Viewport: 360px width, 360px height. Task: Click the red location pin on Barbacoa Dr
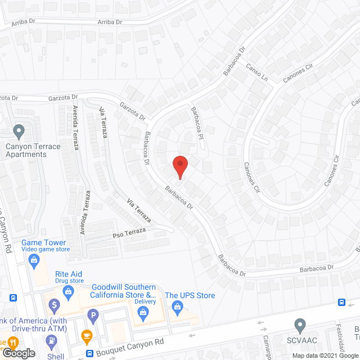[179, 167]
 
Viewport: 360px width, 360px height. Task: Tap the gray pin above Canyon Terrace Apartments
[19, 132]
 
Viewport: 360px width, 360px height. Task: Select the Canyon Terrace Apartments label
[33, 150]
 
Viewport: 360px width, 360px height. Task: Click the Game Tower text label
[40, 243]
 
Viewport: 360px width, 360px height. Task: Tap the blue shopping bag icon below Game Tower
[34, 260]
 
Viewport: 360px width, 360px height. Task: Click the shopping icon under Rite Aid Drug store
[69, 291]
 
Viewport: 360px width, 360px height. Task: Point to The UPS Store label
[190, 295]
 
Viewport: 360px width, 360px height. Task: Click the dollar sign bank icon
[55, 306]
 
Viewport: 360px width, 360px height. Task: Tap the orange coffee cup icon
[86, 336]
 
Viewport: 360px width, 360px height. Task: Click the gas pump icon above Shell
[52, 341]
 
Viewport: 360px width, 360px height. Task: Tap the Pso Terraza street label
[129, 231]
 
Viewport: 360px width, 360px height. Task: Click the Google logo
[18, 353]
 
